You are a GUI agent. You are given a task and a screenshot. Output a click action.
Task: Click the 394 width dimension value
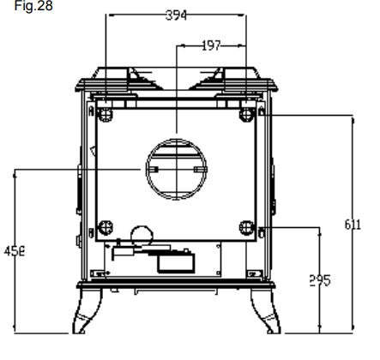(x=176, y=15)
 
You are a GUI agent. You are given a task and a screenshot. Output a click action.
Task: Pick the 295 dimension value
(x=319, y=280)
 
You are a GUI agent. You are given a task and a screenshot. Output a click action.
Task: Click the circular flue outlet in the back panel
(x=176, y=170)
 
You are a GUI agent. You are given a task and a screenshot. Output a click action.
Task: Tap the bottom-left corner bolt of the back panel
(x=106, y=227)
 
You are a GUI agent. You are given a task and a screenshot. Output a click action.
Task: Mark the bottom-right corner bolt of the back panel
(x=247, y=227)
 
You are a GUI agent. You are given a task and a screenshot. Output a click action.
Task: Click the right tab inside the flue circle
(x=199, y=170)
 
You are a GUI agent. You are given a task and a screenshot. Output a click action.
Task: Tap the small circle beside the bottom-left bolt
(x=138, y=232)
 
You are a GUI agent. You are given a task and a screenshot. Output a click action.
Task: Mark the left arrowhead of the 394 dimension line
(x=108, y=15)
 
